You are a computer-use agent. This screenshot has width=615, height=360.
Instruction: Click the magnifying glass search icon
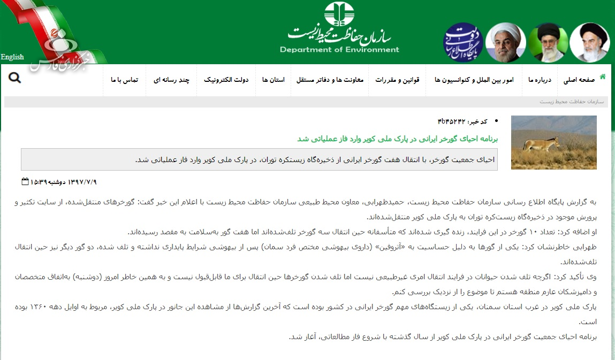[15, 78]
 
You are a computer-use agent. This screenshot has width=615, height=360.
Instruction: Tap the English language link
[12, 57]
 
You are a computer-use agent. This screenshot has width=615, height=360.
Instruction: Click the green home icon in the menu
[603, 76]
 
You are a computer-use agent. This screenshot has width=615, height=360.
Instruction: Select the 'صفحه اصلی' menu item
[579, 80]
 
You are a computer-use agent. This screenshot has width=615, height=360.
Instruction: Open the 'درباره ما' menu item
[539, 80]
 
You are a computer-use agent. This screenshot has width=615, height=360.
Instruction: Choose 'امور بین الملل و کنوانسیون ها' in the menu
[474, 80]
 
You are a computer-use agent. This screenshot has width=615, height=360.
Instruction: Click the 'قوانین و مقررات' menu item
[397, 80]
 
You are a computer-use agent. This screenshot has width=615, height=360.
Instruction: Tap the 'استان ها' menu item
[273, 80]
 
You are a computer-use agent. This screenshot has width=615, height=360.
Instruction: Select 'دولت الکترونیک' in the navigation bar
[226, 80]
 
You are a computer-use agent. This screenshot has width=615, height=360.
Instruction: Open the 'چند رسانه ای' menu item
[172, 80]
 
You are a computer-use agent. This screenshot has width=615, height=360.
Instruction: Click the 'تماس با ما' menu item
[125, 80]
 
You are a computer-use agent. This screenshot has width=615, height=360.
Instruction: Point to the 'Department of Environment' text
[339, 50]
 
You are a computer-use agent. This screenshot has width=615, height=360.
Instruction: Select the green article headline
[398, 139]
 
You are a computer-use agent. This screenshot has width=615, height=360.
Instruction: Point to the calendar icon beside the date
[25, 181]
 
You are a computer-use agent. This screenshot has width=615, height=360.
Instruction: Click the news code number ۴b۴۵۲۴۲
[452, 121]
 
